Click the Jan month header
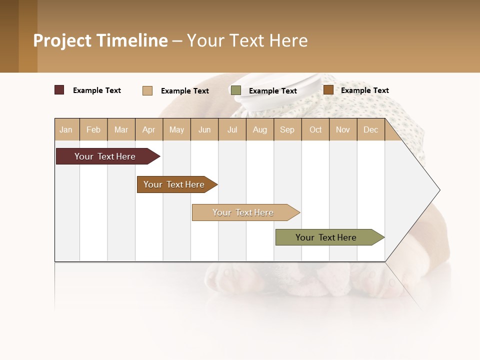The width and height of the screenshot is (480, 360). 66,129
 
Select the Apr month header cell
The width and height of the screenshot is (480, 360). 149,129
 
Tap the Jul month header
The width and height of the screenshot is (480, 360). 232,129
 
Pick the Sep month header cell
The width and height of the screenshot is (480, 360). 287,129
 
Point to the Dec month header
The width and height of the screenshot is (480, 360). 370,129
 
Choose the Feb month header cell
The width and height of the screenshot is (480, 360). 93,129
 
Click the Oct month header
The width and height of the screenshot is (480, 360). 315,129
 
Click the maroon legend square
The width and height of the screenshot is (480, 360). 59,90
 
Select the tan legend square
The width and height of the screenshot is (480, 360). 147,90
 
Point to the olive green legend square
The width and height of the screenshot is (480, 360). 236,90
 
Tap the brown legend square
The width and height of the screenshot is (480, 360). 328,90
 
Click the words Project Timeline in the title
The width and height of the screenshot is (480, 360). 100,40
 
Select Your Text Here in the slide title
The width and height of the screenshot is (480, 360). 247,40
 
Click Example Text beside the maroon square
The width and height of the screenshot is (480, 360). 97,90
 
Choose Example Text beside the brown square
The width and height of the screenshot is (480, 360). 365,90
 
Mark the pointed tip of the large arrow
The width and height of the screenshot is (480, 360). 439,190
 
